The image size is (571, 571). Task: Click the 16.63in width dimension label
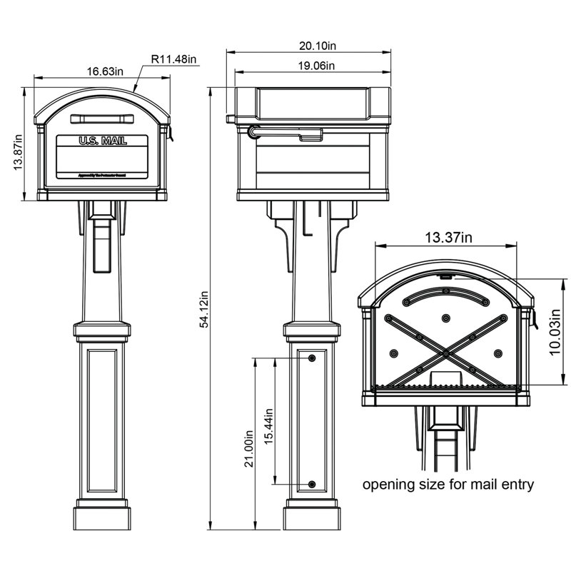tap(101, 71)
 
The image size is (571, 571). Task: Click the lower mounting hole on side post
tap(312, 485)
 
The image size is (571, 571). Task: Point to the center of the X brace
tap(445, 353)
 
